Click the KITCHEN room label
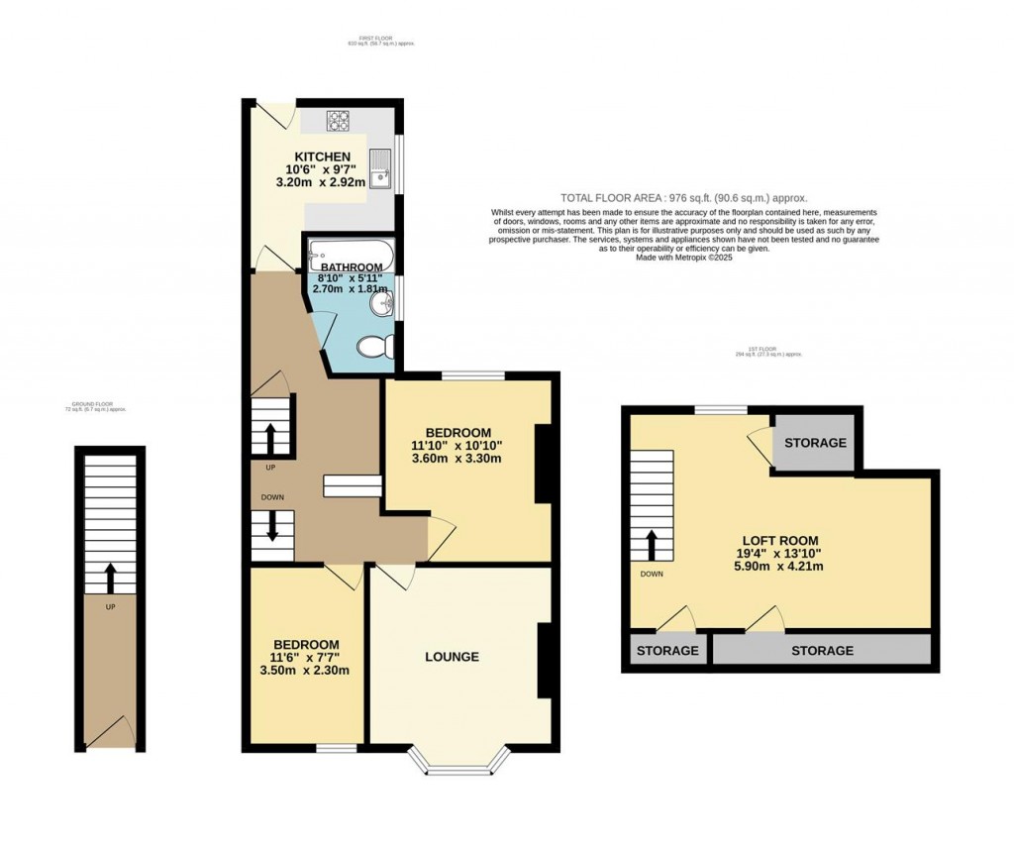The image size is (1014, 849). (322, 157)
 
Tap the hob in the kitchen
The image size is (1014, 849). (341, 121)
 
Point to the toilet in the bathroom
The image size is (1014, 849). (377, 348)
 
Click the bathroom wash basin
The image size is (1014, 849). (383, 302)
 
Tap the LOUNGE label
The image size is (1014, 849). (452, 657)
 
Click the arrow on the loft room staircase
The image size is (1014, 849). (652, 544)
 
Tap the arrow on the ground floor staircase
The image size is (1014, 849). (109, 577)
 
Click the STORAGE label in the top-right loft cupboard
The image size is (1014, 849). (816, 442)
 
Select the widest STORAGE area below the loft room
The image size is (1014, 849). (822, 651)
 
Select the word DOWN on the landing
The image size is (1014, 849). (274, 497)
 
